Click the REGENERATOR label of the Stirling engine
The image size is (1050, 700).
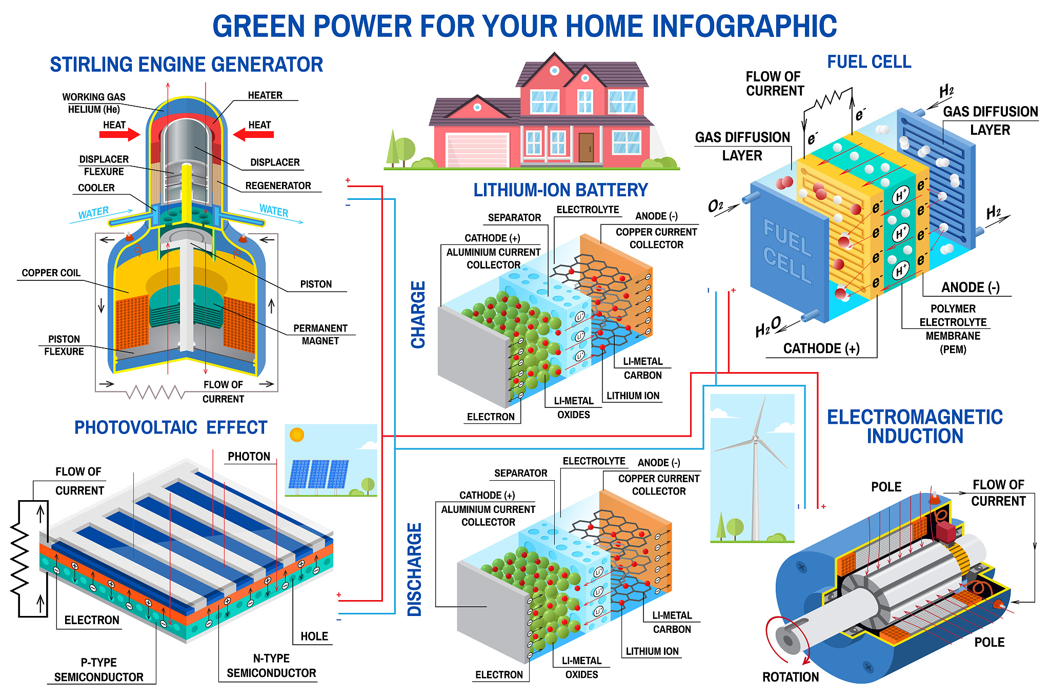pyautogui.click(x=278, y=186)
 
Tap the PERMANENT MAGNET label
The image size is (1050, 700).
pyautogui.click(x=320, y=335)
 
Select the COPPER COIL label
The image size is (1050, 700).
pyautogui.click(x=51, y=273)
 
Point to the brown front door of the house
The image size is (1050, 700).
pyautogui.click(x=586, y=148)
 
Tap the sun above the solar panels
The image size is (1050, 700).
pyautogui.click(x=297, y=435)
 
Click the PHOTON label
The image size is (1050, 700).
pyautogui.click(x=249, y=457)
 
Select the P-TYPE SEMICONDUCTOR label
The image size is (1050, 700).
pyautogui.click(x=99, y=670)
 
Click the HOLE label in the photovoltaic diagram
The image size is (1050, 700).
pyautogui.click(x=314, y=636)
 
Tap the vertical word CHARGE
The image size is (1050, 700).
pyautogui.click(x=418, y=315)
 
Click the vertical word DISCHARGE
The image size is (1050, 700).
pyautogui.click(x=414, y=569)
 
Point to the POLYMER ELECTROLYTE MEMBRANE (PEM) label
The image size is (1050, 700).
pyautogui.click(x=953, y=329)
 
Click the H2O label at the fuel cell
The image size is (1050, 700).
pyautogui.click(x=768, y=327)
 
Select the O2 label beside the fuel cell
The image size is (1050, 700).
pyautogui.click(x=715, y=206)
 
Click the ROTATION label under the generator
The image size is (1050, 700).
pyautogui.click(x=791, y=677)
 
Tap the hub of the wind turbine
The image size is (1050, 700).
pyautogui.click(x=755, y=439)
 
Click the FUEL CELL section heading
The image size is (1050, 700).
pyautogui.click(x=870, y=62)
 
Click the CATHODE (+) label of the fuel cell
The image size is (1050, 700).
pyautogui.click(x=821, y=348)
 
